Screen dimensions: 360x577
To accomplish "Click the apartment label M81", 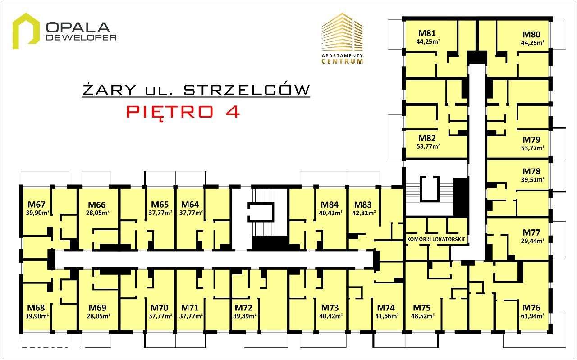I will point(426,33).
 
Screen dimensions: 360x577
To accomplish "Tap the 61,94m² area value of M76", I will point(533,315).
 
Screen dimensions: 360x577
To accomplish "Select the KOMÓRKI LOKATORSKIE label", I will point(435,239).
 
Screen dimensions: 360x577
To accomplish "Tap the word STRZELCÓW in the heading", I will point(247,90).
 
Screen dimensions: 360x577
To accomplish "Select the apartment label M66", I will point(97,204).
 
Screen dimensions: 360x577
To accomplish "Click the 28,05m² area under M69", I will point(97,315).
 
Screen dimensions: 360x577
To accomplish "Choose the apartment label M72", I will point(243,308).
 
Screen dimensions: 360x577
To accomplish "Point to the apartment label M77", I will point(531,232).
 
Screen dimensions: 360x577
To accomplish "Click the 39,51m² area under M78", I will point(533,179).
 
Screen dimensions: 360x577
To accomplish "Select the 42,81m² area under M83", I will point(363,213).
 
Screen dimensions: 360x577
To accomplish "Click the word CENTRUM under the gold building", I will point(342,61).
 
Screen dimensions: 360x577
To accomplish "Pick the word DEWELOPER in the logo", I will point(82,37).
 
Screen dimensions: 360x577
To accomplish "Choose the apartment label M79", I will point(531,140).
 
